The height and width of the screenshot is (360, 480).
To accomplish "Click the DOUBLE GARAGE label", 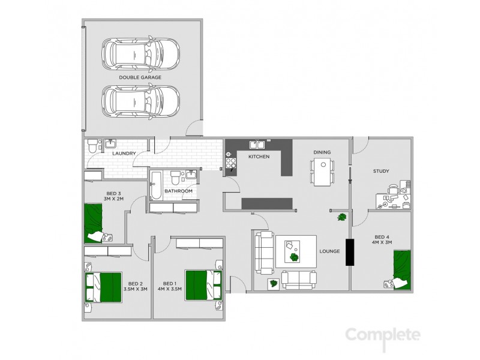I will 140,77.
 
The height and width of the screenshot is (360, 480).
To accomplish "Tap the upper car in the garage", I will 140,55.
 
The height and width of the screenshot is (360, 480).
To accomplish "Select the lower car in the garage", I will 140,100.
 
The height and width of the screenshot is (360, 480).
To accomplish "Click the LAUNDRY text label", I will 124,154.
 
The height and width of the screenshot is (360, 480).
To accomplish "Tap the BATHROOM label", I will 178,191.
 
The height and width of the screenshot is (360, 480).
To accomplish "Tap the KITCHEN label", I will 259,157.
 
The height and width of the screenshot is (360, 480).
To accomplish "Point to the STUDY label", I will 381,172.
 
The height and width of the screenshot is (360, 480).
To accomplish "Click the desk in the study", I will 390,200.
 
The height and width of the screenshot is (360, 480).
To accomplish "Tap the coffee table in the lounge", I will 295,250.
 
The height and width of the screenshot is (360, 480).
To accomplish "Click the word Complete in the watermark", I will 383,334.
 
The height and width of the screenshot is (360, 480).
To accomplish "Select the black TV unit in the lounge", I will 349,252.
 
